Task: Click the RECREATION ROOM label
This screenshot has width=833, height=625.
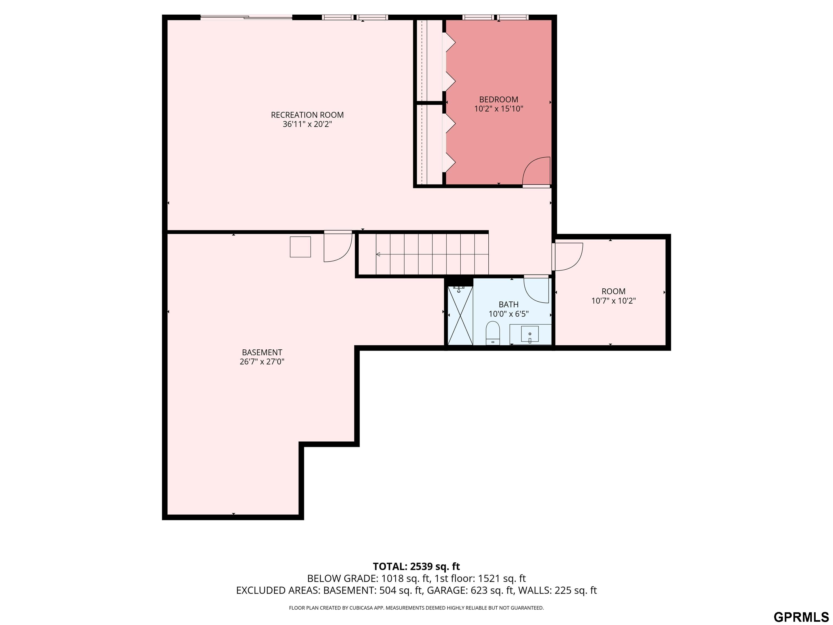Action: (307, 115)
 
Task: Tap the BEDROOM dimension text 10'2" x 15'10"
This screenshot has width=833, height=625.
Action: (499, 109)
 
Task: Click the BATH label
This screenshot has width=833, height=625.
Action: (508, 304)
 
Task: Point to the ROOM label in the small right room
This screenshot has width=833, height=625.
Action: (613, 291)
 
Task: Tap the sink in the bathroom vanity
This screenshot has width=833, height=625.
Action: (530, 334)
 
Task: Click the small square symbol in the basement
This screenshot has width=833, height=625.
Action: (300, 247)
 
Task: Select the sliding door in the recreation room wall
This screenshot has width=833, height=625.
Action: (246, 17)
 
